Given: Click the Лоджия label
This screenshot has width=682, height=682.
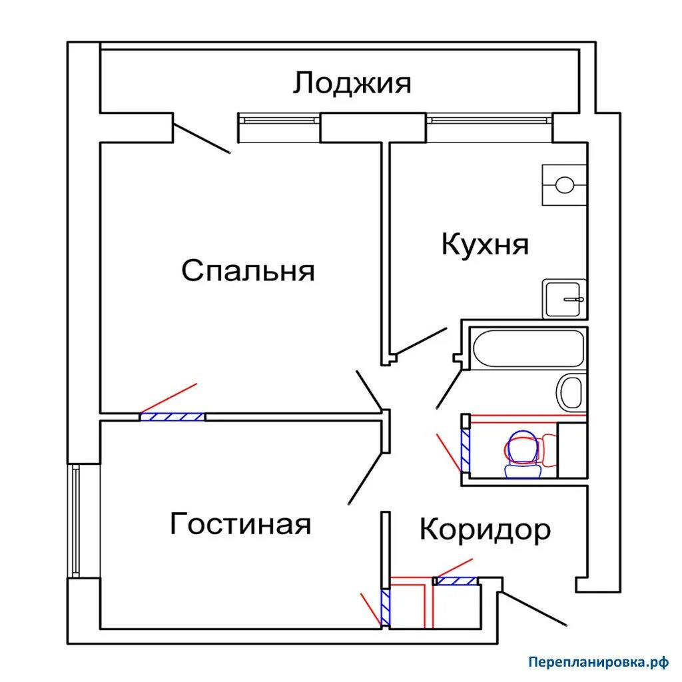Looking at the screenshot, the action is (x=352, y=84).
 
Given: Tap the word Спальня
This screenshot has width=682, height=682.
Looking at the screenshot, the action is (x=248, y=271).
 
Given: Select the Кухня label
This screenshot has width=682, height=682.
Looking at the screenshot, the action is (x=485, y=244).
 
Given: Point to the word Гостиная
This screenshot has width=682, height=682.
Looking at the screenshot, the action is (x=240, y=523).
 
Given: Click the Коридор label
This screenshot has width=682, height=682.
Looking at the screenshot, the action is (x=485, y=530).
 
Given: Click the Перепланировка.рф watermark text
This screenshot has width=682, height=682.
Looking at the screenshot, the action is (x=597, y=662).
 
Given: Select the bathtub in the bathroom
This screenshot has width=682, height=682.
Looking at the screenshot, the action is (x=527, y=348).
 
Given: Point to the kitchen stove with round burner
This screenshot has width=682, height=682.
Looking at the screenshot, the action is (x=564, y=184).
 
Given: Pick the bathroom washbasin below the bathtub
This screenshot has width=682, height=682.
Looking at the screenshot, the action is (x=571, y=392).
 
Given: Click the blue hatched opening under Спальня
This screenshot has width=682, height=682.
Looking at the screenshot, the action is (x=172, y=417).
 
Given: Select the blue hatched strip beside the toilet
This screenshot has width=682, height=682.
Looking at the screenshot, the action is (x=466, y=448).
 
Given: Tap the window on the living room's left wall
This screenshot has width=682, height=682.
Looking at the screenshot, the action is (x=75, y=520).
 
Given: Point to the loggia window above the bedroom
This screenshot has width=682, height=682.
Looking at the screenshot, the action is (x=278, y=120).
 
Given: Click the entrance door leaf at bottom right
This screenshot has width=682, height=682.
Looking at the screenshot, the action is (x=534, y=607).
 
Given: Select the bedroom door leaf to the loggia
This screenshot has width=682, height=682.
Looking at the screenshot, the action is (x=202, y=134).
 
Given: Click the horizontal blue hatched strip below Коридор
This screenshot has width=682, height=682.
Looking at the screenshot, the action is (x=457, y=581).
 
